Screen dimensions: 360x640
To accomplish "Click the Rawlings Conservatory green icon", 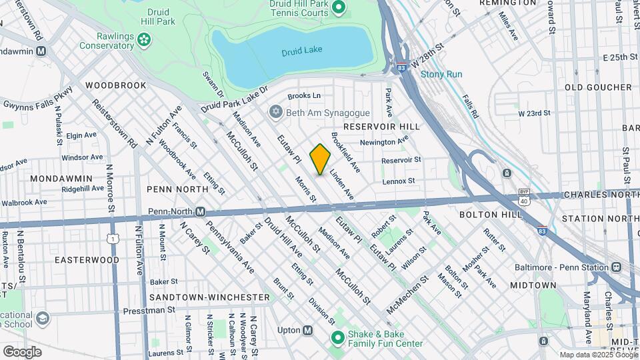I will pyautogui.click(x=143, y=41).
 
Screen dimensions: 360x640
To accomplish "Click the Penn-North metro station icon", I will pyautogui.click(x=199, y=211).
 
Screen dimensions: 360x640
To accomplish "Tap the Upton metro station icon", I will pyautogui.click(x=308, y=330).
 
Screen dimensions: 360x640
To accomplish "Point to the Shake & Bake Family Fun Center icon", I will pyautogui.click(x=337, y=339).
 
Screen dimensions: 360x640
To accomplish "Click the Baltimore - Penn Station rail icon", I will pyautogui.click(x=615, y=267).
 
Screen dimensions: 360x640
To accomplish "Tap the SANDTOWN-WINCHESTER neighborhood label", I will pyautogui.click(x=210, y=297).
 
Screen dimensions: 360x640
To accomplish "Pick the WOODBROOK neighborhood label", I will pyautogui.click(x=115, y=85).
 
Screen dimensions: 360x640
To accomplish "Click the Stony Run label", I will pyautogui.click(x=441, y=74).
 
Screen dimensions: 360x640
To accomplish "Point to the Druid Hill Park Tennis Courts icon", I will pyautogui.click(x=338, y=8).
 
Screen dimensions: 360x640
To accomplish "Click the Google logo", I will pyautogui.click(x=22, y=351).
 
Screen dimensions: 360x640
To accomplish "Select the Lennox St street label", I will pyautogui.click(x=399, y=181).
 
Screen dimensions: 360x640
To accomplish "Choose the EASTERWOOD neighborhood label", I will pyautogui.click(x=87, y=259).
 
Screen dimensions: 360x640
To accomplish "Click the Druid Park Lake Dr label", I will pyautogui.click(x=234, y=99).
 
